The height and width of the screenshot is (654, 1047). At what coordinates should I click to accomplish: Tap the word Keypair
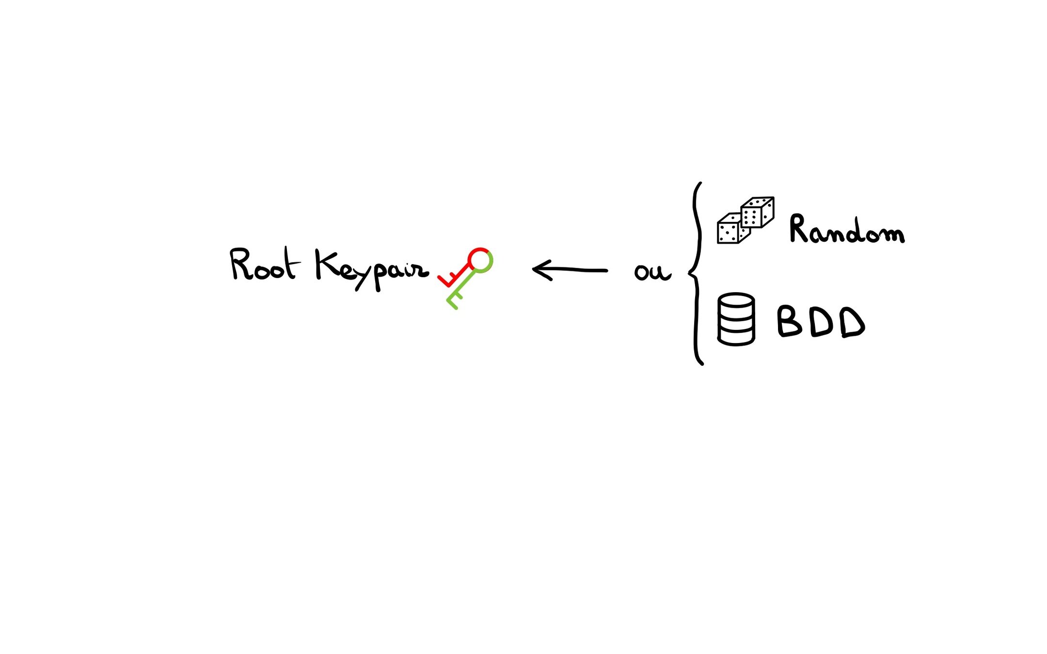pos(371,269)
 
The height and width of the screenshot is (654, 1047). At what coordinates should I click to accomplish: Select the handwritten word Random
pos(846,229)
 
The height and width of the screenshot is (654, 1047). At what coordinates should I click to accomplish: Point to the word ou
pos(652,272)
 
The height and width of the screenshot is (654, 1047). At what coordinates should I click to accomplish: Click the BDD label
pos(821,322)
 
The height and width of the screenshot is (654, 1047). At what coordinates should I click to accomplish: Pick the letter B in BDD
pos(789,321)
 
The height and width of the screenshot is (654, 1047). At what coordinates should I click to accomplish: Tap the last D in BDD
pos(852,323)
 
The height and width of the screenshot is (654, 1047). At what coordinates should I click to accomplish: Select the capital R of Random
pos(800,228)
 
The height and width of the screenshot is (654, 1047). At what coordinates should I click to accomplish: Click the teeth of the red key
pos(448,279)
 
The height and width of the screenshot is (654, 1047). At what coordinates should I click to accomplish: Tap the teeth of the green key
pos(453,300)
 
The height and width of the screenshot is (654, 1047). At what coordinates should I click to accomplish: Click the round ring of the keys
pos(480,260)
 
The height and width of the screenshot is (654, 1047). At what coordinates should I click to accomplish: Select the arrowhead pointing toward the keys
pos(540,270)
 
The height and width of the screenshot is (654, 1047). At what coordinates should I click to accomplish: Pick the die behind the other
pos(757,212)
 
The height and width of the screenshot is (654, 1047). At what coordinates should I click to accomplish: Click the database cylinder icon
pos(736,319)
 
